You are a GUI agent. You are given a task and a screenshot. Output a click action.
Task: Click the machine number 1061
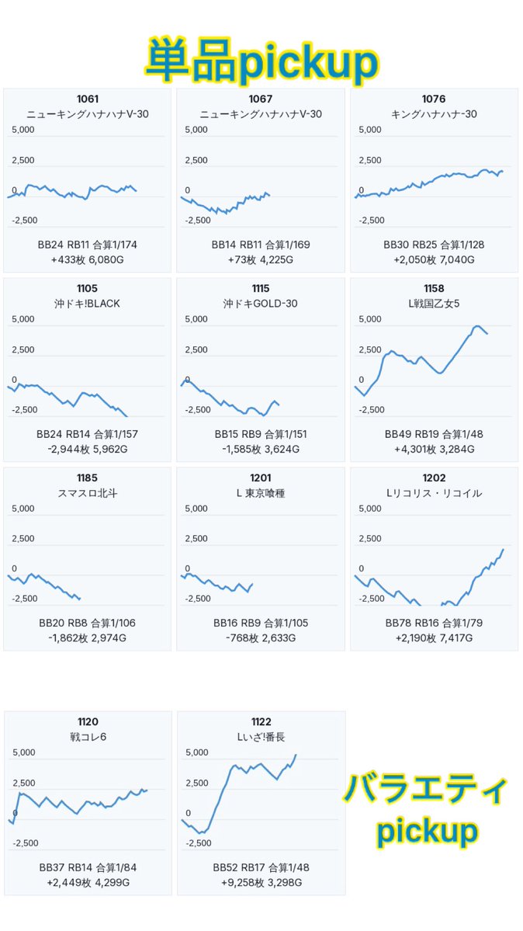(87, 99)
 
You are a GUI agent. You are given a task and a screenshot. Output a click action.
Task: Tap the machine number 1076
(434, 99)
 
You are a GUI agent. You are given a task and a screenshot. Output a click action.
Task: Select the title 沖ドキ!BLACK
(87, 304)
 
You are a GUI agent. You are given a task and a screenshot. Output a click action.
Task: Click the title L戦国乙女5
(434, 304)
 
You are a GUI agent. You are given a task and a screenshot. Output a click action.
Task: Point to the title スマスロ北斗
(87, 493)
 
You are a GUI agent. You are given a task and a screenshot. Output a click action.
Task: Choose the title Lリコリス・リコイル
(434, 493)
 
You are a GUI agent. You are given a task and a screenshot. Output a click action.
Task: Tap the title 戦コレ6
(88, 737)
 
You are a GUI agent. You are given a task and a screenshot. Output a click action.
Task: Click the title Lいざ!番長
(261, 737)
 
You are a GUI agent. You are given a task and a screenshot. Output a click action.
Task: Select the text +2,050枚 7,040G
(434, 259)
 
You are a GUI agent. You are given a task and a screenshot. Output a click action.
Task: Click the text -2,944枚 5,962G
(87, 449)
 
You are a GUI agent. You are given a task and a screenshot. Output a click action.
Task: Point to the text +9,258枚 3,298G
(261, 882)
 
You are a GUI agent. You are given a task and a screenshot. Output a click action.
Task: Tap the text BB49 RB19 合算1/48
(434, 434)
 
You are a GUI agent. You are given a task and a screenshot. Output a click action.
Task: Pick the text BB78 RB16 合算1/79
(434, 624)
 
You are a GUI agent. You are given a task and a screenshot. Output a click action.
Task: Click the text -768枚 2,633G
(261, 638)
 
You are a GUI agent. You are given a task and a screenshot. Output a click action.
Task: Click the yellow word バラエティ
(426, 790)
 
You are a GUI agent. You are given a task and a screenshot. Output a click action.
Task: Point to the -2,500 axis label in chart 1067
(198, 221)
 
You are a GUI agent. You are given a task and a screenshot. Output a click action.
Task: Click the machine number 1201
(261, 478)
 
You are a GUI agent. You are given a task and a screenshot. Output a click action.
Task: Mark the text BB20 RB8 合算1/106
(87, 624)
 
